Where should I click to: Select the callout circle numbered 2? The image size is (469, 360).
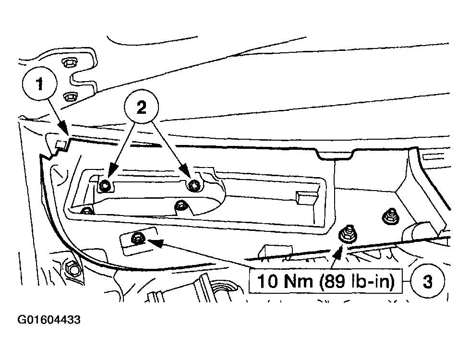(142, 106)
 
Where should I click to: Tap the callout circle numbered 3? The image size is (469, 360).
(427, 281)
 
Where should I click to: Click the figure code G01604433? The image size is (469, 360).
(49, 320)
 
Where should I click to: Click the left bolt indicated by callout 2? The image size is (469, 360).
(104, 186)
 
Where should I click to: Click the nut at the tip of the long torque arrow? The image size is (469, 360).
(137, 238)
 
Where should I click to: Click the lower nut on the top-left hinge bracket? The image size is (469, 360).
(70, 97)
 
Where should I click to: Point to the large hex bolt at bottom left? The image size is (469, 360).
(72, 269)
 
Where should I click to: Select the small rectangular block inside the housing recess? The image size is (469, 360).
(306, 198)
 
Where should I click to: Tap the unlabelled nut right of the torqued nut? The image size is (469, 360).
(390, 217)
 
